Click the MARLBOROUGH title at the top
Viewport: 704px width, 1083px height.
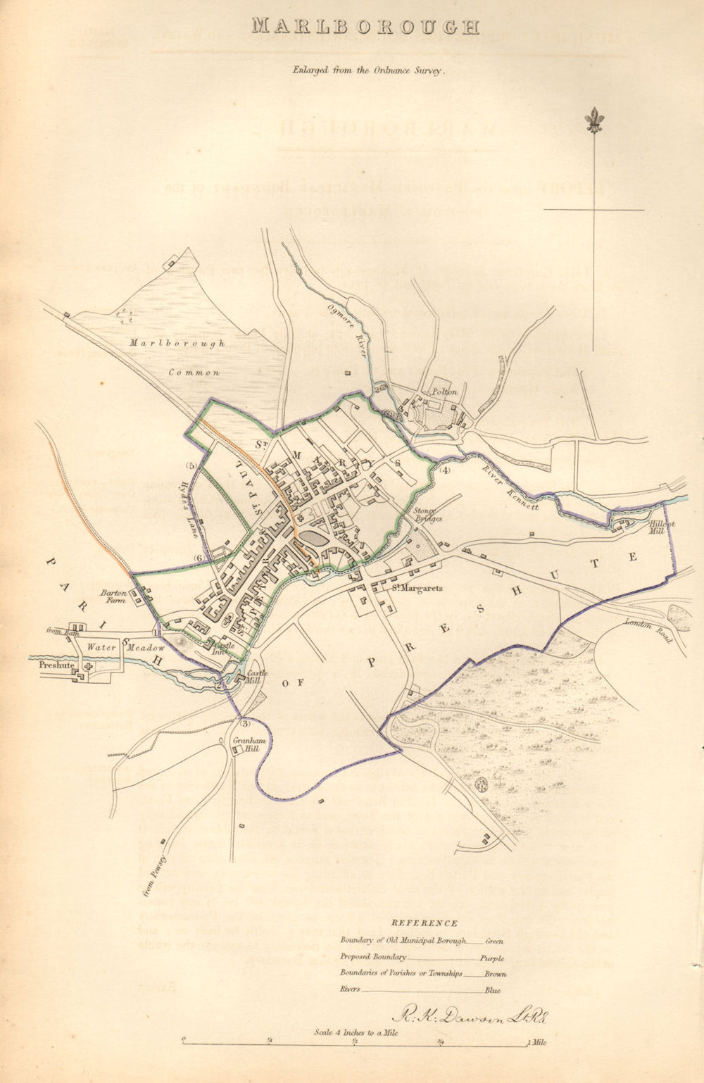pyautogui.click(x=365, y=27)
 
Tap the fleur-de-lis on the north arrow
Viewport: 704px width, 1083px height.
pyautogui.click(x=594, y=120)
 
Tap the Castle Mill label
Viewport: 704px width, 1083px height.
pyautogui.click(x=253, y=677)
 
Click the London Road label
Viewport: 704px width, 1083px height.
pyautogui.click(x=648, y=630)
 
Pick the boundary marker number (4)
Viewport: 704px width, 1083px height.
pyautogui.click(x=444, y=470)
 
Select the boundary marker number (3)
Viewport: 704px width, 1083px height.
pyautogui.click(x=244, y=723)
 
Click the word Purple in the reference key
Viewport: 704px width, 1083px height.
pyautogui.click(x=492, y=958)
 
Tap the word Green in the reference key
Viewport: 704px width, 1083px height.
pyautogui.click(x=494, y=941)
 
